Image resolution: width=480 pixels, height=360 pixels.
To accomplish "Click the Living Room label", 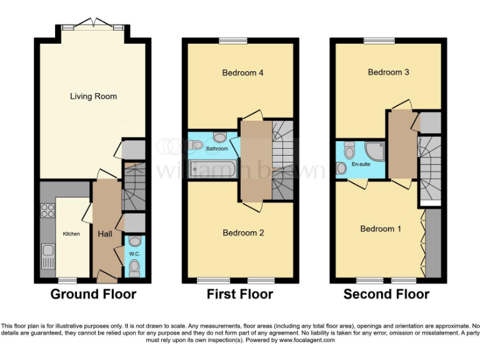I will tap(93, 96).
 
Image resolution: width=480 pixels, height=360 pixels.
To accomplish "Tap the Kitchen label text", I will tap(71, 234).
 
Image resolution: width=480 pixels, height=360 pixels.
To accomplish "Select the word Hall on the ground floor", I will tap(104, 234).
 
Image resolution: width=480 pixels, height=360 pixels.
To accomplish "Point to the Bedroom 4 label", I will tap(242, 73).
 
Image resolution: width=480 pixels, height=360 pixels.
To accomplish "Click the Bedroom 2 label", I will tap(243, 232).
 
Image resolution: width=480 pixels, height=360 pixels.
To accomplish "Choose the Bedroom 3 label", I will tap(388, 72).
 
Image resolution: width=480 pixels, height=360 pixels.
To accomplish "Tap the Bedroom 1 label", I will tap(381, 229).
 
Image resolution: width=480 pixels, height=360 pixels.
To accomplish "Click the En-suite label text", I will tap(361, 164).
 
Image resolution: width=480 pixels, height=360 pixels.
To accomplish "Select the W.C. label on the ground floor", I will tap(134, 254).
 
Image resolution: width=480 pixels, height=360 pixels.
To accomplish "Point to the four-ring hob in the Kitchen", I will tap(47, 211).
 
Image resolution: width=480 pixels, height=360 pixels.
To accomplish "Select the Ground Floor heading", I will tap(93, 294).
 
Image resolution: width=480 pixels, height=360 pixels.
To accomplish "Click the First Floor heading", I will tap(240, 294).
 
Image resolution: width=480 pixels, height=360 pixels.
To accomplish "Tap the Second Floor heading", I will tap(386, 294).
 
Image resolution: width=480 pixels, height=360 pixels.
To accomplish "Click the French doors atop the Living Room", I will tap(94, 24).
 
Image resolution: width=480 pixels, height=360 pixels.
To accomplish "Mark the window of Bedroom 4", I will tap(231, 41).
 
